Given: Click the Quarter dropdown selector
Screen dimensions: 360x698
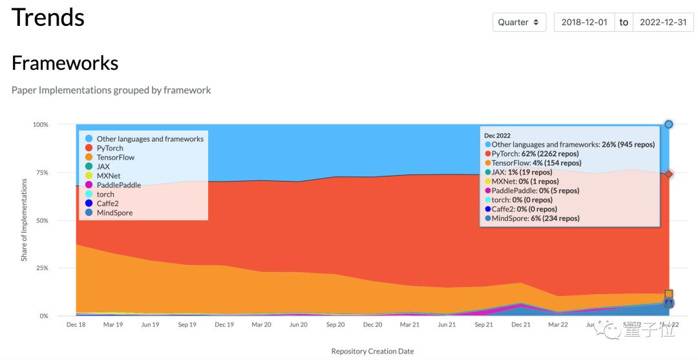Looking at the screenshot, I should (x=518, y=22).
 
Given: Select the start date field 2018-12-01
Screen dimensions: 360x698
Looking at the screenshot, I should (x=584, y=22).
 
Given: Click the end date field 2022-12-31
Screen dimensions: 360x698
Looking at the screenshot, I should (x=662, y=22).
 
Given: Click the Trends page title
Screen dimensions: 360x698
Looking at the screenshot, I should (x=48, y=17).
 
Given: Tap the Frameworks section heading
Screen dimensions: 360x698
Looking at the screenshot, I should (x=65, y=63).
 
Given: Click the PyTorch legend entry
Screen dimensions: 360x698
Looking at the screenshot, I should (x=109, y=148).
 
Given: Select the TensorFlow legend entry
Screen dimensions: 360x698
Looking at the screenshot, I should (x=114, y=157).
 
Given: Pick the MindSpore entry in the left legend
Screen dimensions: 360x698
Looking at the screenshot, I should (x=114, y=213).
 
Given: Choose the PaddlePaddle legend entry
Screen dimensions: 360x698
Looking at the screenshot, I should (x=118, y=185).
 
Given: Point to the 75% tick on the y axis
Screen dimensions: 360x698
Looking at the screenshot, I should (x=40, y=173).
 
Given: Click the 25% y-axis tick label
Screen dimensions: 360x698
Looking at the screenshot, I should (x=40, y=268).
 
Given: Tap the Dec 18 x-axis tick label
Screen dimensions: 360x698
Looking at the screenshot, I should (x=76, y=324).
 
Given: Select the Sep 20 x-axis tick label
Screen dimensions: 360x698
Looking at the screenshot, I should (x=335, y=324).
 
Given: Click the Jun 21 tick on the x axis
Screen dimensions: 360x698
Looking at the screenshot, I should (x=447, y=324).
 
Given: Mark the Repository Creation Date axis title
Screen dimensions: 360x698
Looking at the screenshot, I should (x=372, y=351).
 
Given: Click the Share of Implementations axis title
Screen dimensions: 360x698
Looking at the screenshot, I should (x=24, y=220).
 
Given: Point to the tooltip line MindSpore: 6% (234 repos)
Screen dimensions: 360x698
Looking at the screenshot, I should (x=535, y=218).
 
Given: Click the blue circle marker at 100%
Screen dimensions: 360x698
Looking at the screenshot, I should (x=669, y=124).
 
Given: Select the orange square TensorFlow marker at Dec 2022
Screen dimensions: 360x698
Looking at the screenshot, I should (x=669, y=294).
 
